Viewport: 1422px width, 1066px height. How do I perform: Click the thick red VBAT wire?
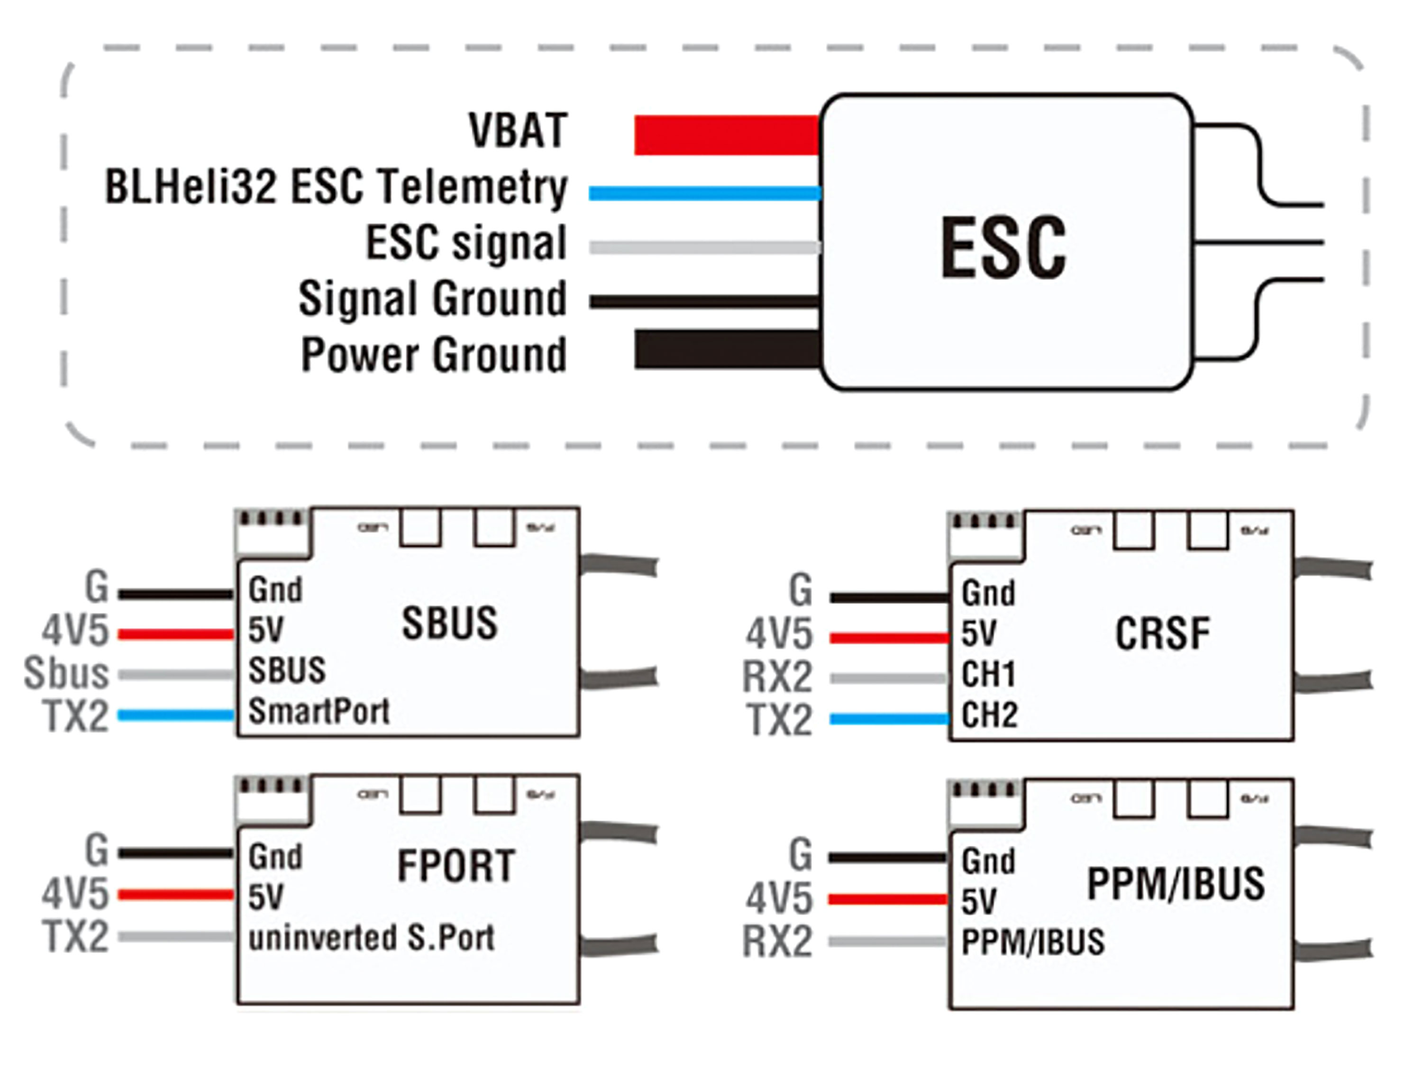(x=727, y=135)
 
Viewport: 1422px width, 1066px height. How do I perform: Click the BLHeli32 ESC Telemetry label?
(x=336, y=187)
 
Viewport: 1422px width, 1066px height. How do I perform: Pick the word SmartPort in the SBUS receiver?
(x=319, y=711)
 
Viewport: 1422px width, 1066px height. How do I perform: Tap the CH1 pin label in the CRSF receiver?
(x=989, y=675)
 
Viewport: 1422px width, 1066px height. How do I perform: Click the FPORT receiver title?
(x=456, y=866)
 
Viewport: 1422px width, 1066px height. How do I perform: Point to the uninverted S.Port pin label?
(x=372, y=938)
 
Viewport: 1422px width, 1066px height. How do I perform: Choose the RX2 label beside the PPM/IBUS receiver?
(x=777, y=942)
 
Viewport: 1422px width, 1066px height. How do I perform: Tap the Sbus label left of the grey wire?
(x=66, y=673)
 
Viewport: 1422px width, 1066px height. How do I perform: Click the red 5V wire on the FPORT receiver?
(x=175, y=894)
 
